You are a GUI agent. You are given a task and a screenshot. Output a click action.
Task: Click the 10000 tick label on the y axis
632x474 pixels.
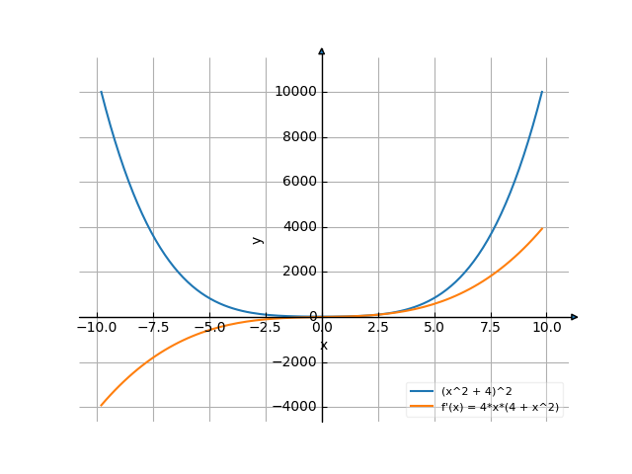pyautogui.click(x=296, y=92)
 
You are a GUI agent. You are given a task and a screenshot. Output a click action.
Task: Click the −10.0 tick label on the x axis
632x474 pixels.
pyautogui.click(x=97, y=327)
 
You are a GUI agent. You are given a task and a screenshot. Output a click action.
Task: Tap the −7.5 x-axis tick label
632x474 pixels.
pyautogui.click(x=153, y=327)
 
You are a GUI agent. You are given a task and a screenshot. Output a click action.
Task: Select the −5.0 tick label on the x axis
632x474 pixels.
pyautogui.click(x=209, y=327)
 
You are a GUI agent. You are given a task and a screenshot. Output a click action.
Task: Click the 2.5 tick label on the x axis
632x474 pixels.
pyautogui.click(x=378, y=327)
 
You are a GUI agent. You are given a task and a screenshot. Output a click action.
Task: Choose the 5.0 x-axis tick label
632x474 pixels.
pyautogui.click(x=434, y=327)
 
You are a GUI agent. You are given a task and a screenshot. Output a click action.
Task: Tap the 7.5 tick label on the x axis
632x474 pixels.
pyautogui.click(x=491, y=327)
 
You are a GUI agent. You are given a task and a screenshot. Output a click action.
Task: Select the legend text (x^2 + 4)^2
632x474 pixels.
pyautogui.click(x=477, y=392)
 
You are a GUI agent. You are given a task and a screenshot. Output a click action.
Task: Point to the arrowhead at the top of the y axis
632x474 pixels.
pyautogui.click(x=322, y=51)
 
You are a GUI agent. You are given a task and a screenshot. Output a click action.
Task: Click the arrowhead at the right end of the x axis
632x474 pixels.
pyautogui.click(x=575, y=317)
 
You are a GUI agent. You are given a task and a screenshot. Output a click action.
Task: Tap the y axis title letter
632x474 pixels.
pyautogui.click(x=258, y=239)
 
